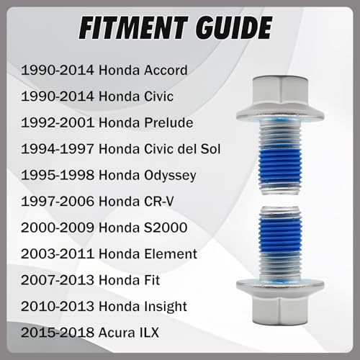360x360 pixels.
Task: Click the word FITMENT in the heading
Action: tap(133, 28)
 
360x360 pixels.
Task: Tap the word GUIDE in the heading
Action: tap(233, 28)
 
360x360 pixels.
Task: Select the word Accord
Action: tap(166, 71)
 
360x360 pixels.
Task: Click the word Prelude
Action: tap(168, 122)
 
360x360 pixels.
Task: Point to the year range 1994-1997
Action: tap(58, 149)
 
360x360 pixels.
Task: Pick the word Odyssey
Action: tap(170, 176)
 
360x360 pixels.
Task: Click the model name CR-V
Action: tap(158, 202)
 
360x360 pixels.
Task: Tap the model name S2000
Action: tap(166, 228)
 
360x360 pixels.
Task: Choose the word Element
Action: tap(171, 254)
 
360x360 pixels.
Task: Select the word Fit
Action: tap(152, 280)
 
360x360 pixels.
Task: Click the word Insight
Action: tap(166, 307)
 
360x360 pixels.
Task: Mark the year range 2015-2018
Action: tap(58, 333)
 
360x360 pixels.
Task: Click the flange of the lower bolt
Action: tap(280, 286)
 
